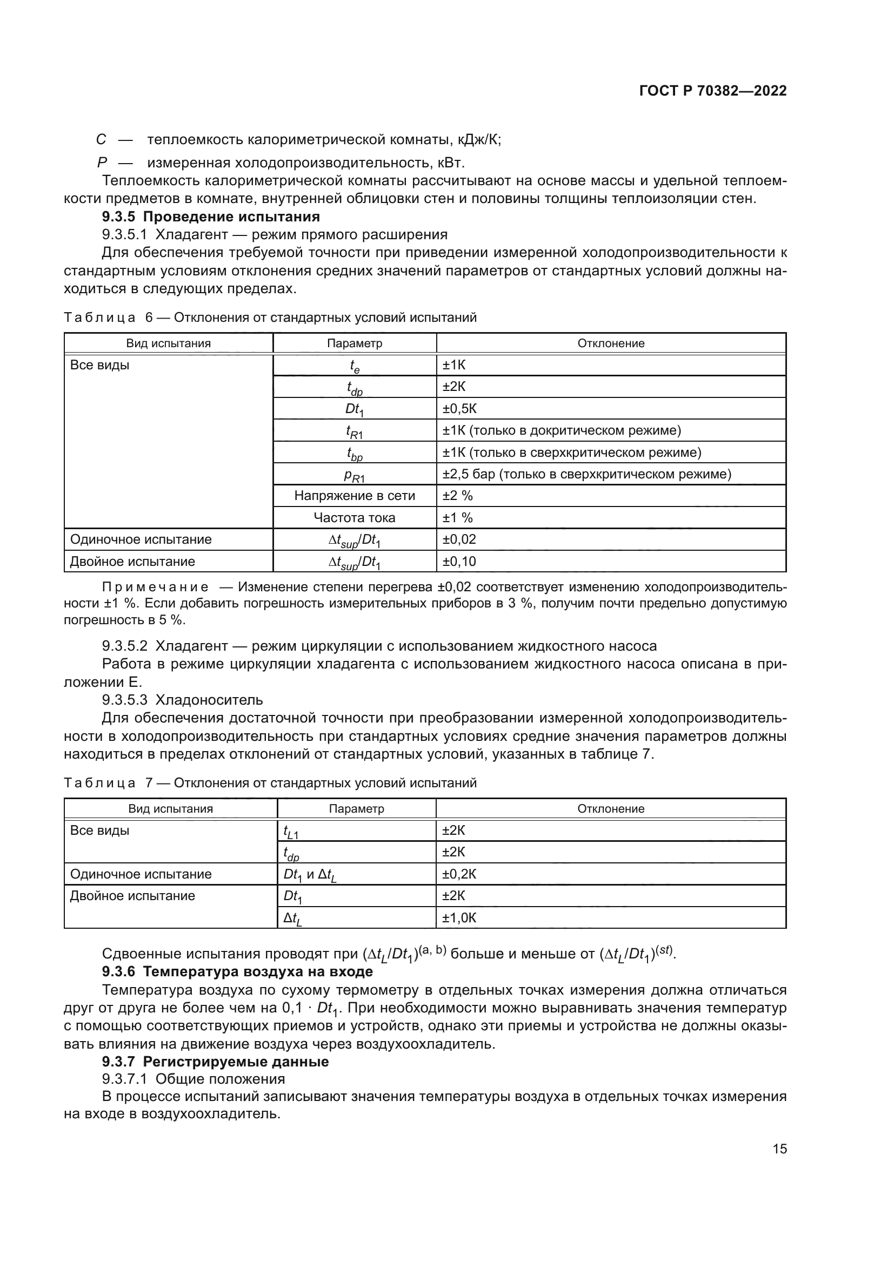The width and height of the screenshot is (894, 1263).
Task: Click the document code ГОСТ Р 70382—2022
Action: point(713,91)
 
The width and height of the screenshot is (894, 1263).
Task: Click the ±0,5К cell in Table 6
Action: point(459,409)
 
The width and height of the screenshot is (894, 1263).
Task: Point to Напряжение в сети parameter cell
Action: point(355,496)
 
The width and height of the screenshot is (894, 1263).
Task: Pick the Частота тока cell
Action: point(355,518)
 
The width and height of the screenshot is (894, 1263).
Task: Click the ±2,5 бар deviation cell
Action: point(587,474)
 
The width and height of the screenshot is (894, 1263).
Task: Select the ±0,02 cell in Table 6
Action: point(459,539)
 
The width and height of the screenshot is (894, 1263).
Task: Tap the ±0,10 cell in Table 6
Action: point(459,562)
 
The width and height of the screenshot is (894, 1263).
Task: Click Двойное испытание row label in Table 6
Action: point(132,562)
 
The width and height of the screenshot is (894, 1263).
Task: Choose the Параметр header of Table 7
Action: point(356,809)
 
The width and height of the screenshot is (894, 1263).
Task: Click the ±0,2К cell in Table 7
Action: point(459,874)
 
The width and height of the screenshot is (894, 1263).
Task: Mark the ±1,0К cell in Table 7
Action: point(459,917)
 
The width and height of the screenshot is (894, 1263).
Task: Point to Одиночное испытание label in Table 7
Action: point(141,874)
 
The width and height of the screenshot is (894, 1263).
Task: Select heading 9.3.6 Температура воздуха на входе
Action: point(237,971)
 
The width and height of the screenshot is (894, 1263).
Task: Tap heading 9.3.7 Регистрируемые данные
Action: point(215,1062)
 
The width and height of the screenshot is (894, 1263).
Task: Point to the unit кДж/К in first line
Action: point(479,140)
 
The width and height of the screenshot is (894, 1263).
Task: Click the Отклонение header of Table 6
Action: point(610,343)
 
